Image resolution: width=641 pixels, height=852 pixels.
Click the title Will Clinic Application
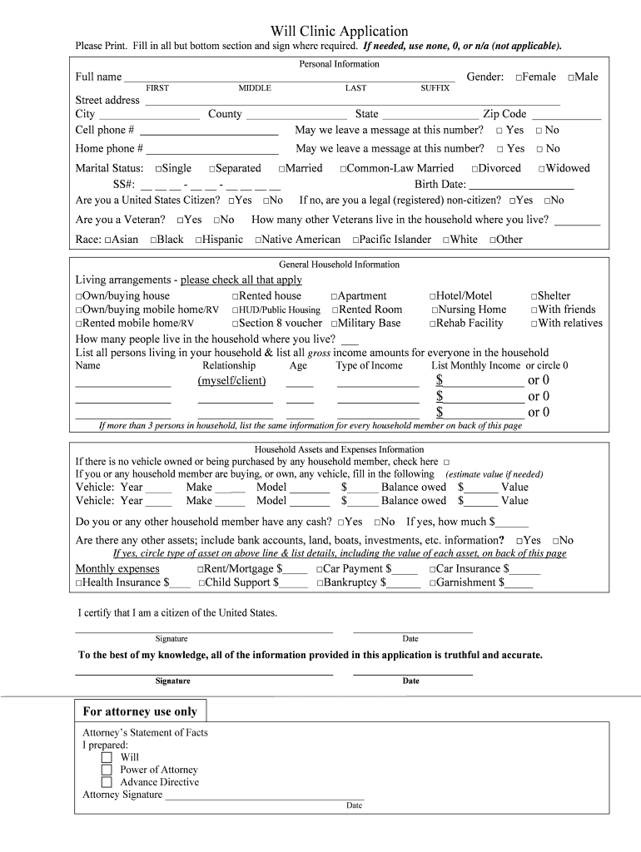coord(339,31)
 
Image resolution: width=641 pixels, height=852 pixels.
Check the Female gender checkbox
coord(519,77)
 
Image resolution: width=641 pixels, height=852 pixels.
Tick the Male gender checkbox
coord(571,77)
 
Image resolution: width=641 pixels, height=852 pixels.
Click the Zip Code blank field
coord(566,115)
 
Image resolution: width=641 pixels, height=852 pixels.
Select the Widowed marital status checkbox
coord(542,169)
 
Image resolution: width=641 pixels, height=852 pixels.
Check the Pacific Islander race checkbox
coord(355,240)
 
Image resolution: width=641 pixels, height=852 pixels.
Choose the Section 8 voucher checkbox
coord(236,324)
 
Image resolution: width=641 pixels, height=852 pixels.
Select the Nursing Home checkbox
coord(434,310)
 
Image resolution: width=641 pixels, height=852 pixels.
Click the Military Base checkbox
coord(335,324)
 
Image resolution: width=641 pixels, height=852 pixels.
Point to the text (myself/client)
coord(231,381)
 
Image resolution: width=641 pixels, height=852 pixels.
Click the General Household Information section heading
coord(339,265)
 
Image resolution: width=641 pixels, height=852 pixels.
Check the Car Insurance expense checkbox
coord(432,570)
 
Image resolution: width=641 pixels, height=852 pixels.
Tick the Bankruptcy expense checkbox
coord(320,583)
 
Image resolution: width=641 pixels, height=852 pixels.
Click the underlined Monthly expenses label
coord(117,569)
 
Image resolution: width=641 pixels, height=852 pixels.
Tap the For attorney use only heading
coord(140,711)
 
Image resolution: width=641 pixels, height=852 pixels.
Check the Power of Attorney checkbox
coord(107,770)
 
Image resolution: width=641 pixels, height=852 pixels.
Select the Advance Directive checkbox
coord(107,783)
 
